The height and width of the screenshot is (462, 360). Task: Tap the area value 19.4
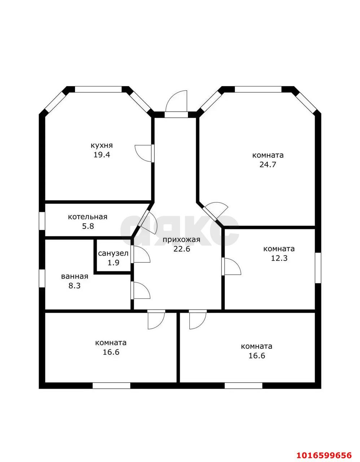102,154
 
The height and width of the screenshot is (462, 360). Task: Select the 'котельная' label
88,217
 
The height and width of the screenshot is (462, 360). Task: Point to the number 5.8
88,226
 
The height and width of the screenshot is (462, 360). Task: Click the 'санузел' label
113,253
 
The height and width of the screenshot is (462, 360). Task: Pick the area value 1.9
113,262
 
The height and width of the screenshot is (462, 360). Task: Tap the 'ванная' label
75,276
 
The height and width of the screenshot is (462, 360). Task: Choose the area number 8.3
75,286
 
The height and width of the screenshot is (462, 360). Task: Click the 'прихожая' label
181,240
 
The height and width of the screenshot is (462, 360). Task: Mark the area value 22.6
182,249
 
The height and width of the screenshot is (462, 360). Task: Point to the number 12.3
279,258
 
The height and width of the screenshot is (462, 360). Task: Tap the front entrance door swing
176,101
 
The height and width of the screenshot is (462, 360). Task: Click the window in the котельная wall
42,221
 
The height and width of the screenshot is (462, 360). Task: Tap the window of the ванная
42,278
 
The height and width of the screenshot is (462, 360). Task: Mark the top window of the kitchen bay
98,89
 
